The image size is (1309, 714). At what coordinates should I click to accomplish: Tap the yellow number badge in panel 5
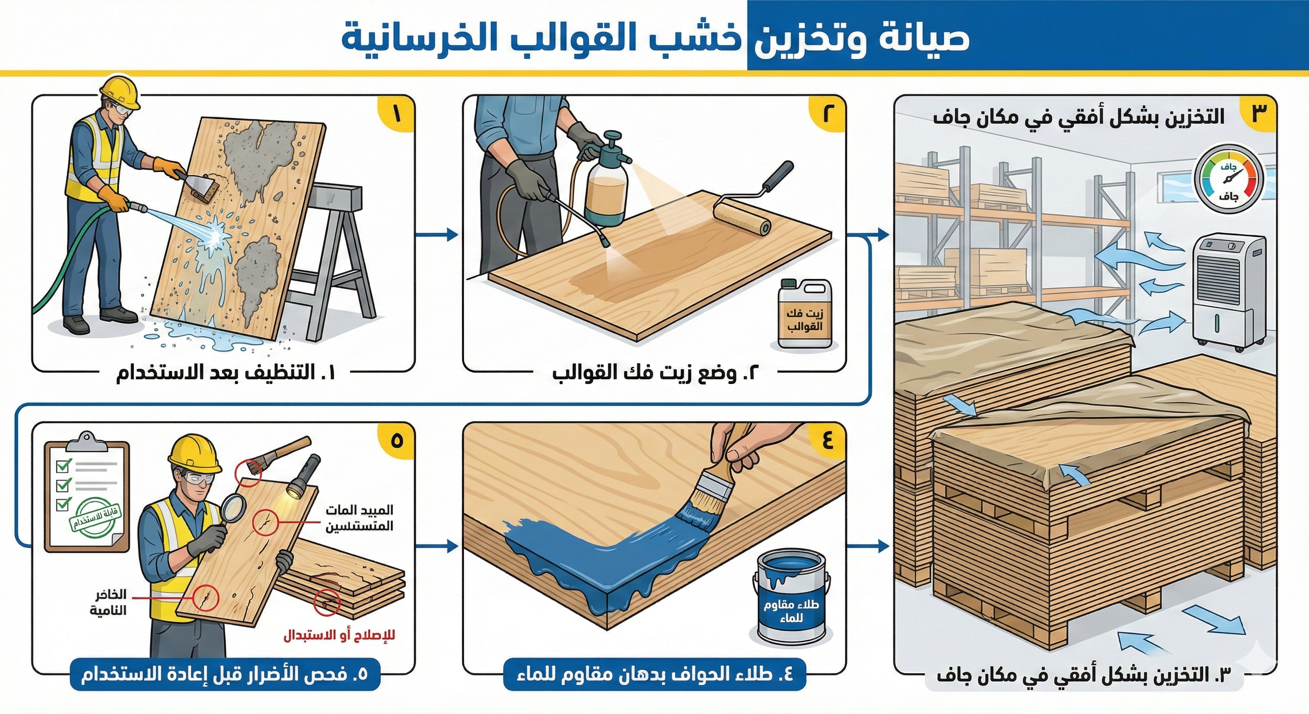tap(397, 441)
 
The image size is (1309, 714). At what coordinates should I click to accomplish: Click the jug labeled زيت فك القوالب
tap(804, 316)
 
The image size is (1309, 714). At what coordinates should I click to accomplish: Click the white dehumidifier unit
tap(1228, 292)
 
